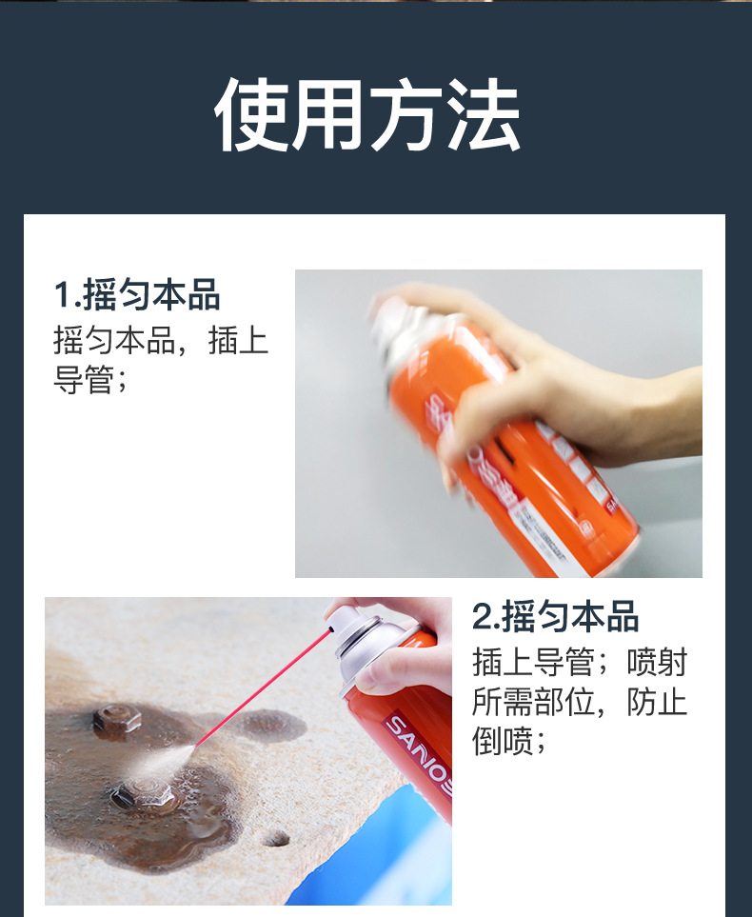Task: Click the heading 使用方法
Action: (x=367, y=116)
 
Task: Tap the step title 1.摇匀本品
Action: (x=137, y=295)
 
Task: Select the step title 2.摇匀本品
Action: (x=556, y=617)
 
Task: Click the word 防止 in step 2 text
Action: (x=657, y=703)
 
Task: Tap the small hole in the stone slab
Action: (x=275, y=838)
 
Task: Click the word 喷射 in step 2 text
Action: (x=657, y=663)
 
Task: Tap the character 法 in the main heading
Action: (x=484, y=116)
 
